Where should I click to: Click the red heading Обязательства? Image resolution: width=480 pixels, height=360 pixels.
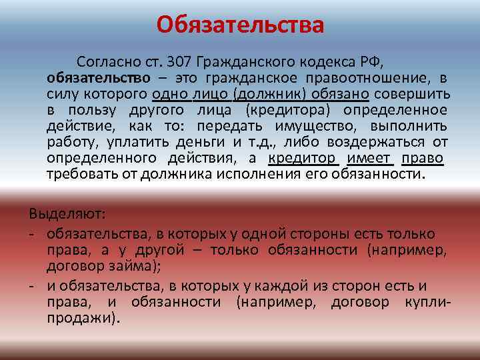coord(240,25)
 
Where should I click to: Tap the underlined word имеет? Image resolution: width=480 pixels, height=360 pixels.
coord(371,158)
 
